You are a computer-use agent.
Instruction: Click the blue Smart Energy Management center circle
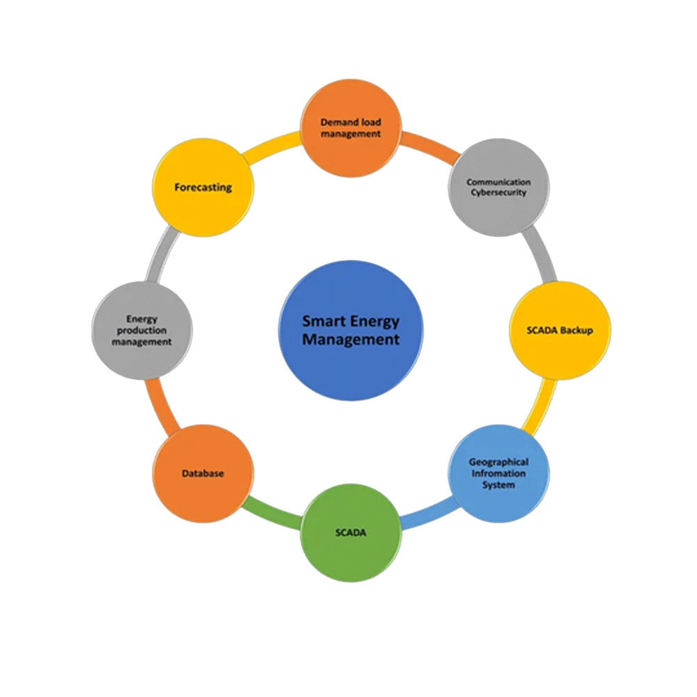pos(351,330)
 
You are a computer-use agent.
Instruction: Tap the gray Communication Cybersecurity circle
pos(498,187)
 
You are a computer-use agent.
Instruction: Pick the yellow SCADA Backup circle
pos(560,330)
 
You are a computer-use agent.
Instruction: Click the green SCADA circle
pos(351,533)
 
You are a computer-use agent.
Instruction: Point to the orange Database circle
pos(203,473)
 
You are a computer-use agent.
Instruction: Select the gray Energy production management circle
pos(142,330)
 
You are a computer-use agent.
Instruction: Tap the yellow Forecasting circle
pos(203,187)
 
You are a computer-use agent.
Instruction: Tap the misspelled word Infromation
pos(498,473)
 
